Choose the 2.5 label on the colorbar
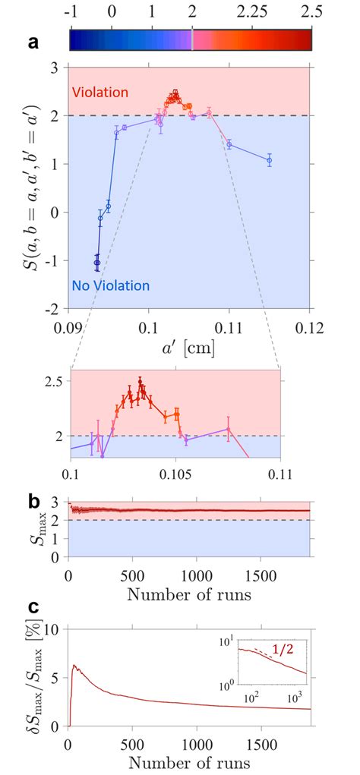coord(310,11)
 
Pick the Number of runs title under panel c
coord(190,762)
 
